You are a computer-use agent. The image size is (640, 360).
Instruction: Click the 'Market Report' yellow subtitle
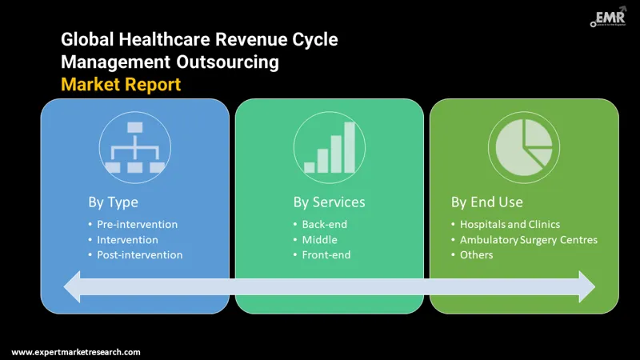120,83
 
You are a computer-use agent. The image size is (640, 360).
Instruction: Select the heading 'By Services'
329,202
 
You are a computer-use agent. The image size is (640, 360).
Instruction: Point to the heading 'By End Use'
486,202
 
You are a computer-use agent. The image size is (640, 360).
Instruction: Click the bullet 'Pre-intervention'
138,224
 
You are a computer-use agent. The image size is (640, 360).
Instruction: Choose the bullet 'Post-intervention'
140,254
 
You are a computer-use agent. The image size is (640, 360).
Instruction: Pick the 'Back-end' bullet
325,224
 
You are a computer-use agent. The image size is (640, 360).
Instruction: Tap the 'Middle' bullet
320,239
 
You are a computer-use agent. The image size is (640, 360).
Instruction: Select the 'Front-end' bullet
326,254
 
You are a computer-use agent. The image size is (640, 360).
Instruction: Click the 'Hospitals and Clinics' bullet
510,224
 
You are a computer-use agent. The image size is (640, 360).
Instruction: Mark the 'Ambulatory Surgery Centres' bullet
528,239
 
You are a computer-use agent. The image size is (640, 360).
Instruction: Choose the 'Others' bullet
476,254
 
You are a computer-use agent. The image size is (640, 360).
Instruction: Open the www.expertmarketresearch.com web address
76,352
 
